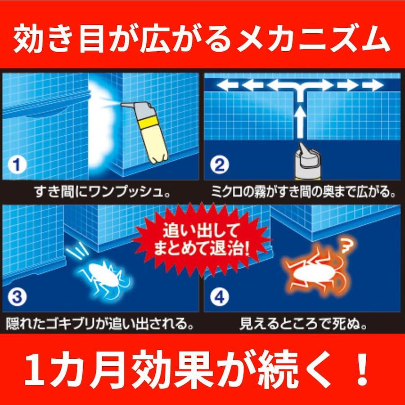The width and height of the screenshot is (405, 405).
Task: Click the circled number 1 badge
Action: [x=17, y=165]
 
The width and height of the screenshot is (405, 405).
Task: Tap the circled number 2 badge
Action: [x=219, y=165]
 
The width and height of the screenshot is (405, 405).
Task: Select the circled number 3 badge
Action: [x=17, y=297]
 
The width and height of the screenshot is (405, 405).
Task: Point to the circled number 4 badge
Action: [x=219, y=297]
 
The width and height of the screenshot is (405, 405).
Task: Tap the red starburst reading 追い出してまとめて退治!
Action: [x=202, y=240]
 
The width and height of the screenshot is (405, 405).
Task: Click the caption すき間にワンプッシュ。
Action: [x=102, y=193]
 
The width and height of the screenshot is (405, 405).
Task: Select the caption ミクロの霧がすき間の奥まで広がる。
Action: [x=303, y=193]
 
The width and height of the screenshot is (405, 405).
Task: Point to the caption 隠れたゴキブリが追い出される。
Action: [x=100, y=324]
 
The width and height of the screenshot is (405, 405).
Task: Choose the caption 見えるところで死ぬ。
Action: [x=303, y=324]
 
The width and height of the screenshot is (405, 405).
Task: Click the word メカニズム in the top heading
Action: [x=313, y=39]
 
